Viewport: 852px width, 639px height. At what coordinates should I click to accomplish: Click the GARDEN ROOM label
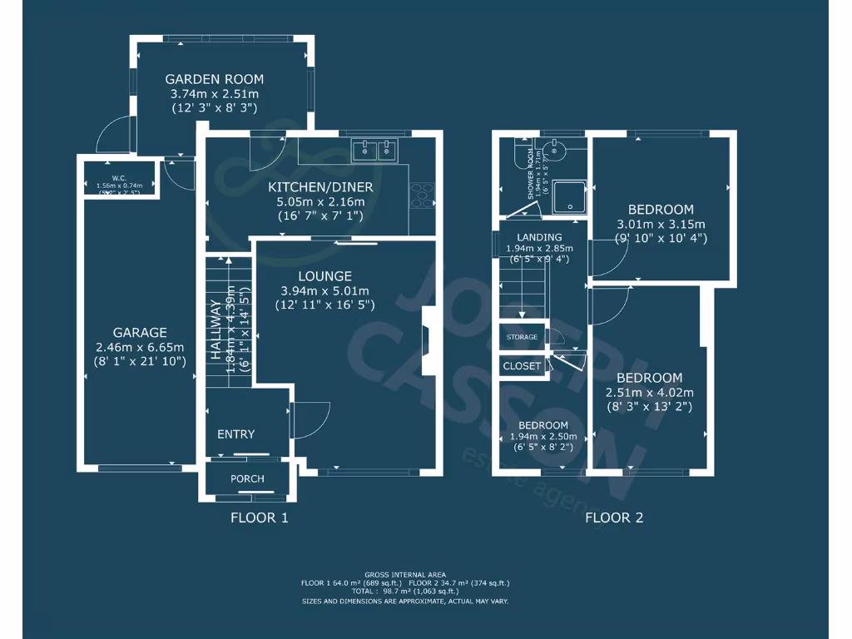(214, 80)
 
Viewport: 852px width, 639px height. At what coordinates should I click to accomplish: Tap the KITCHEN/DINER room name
(320, 187)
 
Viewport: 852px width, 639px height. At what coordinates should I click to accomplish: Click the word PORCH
(247, 478)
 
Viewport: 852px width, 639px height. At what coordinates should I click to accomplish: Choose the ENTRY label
(236, 434)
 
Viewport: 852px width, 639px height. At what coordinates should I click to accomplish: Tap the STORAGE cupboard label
(522, 337)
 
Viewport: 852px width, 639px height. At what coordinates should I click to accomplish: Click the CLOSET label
(523, 366)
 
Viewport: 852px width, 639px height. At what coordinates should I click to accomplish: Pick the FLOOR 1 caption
(259, 518)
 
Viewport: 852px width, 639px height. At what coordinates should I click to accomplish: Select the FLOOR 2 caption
(614, 518)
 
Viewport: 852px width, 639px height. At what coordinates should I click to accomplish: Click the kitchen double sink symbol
(375, 151)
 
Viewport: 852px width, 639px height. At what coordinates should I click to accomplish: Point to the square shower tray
(570, 196)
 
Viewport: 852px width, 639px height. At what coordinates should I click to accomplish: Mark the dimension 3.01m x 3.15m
(661, 224)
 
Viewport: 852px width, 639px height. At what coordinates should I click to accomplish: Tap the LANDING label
(539, 237)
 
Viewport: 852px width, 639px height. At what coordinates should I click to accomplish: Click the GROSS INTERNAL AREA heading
(404, 575)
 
